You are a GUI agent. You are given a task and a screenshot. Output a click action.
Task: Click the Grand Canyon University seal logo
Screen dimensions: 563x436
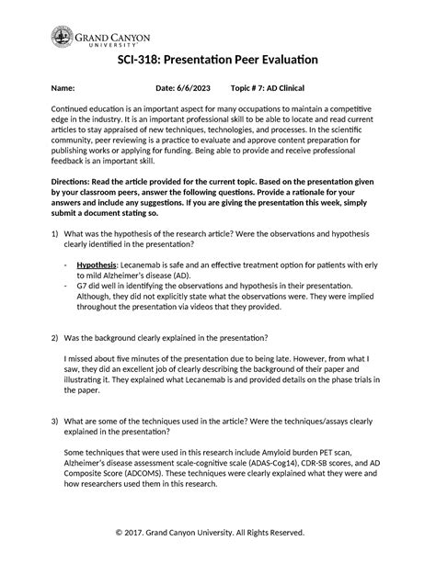(62, 39)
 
